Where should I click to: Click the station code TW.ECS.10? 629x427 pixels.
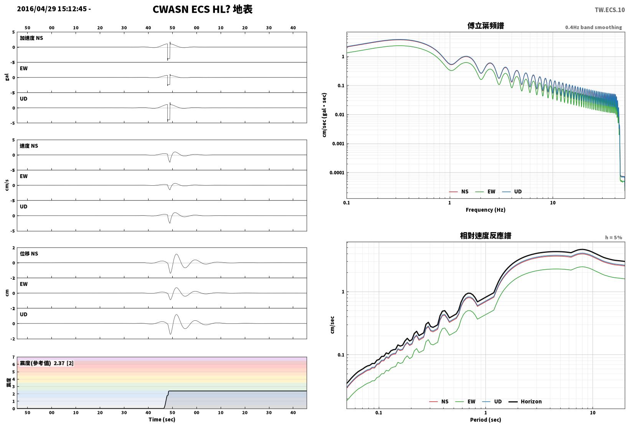610,10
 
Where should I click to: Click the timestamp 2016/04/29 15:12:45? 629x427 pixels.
52,9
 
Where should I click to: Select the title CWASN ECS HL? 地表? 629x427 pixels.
203,9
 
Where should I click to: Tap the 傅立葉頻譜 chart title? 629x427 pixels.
485,26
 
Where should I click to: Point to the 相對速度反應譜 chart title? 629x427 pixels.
485,236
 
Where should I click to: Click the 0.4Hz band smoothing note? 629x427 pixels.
594,27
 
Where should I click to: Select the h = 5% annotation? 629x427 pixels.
614,237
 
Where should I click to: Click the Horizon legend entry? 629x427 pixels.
525,401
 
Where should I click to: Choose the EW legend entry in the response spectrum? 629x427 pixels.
465,401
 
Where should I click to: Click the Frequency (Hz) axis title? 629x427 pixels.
485,210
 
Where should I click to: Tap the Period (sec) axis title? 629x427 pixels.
485,420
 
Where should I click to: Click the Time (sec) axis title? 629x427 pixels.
162,419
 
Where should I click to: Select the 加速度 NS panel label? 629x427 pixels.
31,38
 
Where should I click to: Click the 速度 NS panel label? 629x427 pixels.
29,146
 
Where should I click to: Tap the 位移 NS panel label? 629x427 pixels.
29,254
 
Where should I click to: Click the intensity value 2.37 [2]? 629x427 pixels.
63,363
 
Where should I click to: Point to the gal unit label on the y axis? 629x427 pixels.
7,77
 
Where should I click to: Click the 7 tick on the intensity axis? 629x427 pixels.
13,357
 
